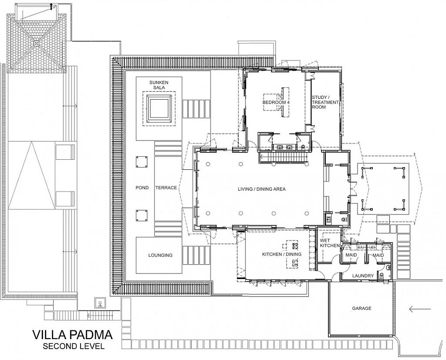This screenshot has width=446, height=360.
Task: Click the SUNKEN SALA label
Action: pyautogui.click(x=159, y=85)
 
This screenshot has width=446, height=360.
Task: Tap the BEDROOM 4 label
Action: pyautogui.click(x=276, y=102)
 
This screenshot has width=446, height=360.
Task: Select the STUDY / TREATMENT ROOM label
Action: pyautogui.click(x=325, y=102)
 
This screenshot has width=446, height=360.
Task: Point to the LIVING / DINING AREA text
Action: pyautogui.click(x=261, y=189)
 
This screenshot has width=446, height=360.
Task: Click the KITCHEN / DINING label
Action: pyautogui.click(x=281, y=254)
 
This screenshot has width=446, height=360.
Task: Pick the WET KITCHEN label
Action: pyautogui.click(x=330, y=243)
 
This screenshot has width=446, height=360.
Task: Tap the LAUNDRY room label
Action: pyautogui.click(x=363, y=276)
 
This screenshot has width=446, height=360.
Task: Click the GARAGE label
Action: pyautogui.click(x=362, y=308)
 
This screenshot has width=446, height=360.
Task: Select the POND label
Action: pyautogui.click(x=142, y=188)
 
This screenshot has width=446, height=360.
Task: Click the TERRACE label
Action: pyautogui.click(x=166, y=188)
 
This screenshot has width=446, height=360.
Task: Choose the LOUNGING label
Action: pyautogui.click(x=160, y=255)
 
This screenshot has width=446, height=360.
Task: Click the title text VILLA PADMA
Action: pyautogui.click(x=72, y=335)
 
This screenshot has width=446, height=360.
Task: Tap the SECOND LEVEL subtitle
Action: pyautogui.click(x=73, y=347)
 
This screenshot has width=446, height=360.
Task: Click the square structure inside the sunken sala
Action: pyautogui.click(x=158, y=109)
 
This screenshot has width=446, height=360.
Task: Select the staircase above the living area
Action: pyautogui.click(x=284, y=157)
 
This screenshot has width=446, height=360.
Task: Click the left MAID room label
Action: pyautogui.click(x=351, y=255)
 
